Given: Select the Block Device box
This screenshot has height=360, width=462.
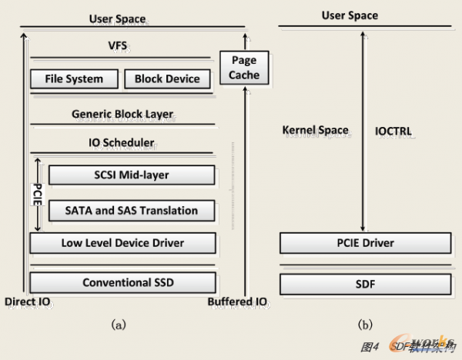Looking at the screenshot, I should (167, 78).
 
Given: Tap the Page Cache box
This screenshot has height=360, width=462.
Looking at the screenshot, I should (244, 67).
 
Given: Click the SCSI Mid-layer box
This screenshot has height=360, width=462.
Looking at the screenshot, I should (130, 175).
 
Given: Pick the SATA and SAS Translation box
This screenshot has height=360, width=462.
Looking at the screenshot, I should (130, 210).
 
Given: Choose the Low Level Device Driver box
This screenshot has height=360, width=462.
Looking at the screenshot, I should (122, 244).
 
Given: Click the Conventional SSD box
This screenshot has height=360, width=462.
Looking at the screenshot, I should (122, 282).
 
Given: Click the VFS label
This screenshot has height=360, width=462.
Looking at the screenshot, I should (118, 46).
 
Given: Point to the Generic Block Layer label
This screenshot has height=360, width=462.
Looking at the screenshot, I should (122, 115).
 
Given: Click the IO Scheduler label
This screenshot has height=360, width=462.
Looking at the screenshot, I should (122, 142).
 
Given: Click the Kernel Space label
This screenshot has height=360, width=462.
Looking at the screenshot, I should (315, 131).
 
